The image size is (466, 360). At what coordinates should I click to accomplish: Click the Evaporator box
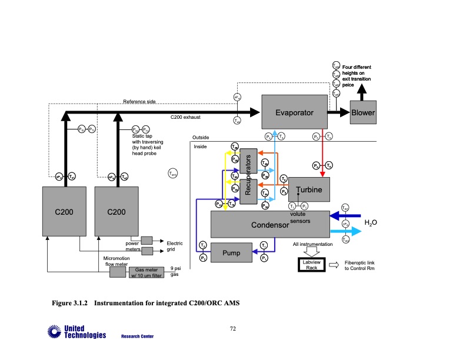coord(294,112)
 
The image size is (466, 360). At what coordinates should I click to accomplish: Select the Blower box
coord(362,112)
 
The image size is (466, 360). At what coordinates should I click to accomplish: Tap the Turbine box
coord(309,190)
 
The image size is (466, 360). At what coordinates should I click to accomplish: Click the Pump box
coord(231,254)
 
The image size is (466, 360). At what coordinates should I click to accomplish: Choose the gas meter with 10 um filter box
coord(145,272)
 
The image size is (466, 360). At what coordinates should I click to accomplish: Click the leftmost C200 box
coord(64,211)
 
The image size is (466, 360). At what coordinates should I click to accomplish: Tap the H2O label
coord(370,223)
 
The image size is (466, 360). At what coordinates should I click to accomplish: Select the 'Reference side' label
coord(139,102)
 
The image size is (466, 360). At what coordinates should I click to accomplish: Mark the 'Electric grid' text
coord(175,246)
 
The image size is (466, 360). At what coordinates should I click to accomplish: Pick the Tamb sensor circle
coord(173,173)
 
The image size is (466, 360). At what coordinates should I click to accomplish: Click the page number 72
coord(232,328)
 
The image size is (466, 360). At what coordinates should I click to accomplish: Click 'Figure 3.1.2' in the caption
coord(70,304)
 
